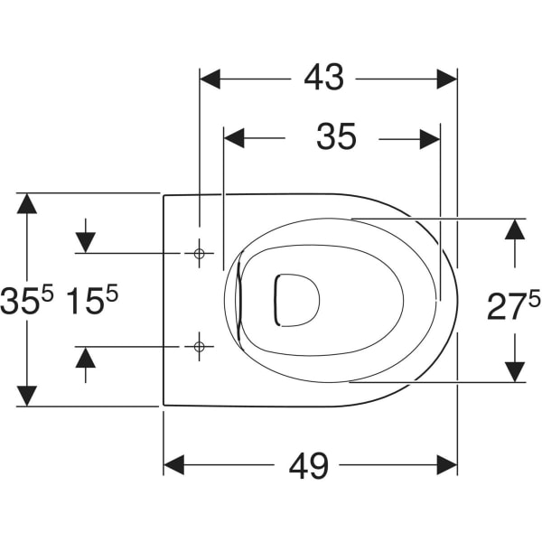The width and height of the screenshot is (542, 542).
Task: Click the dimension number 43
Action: tap(324, 77)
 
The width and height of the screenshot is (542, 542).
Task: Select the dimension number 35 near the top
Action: tap(336, 136)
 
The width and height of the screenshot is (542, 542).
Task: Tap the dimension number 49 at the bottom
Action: tap(308, 465)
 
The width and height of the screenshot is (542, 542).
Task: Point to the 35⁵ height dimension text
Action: tap(27, 301)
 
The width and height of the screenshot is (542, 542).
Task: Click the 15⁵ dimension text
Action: tap(92, 299)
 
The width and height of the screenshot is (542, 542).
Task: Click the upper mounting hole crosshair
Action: tap(199, 254)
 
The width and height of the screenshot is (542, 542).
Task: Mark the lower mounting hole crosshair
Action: tap(199, 346)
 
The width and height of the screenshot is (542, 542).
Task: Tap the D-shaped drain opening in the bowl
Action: tap(297, 300)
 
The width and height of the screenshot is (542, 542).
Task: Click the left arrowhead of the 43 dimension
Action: tap(210, 79)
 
